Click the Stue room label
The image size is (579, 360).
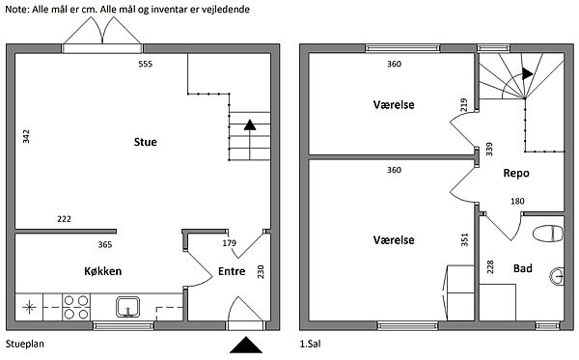click(145, 142)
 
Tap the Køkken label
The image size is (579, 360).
click(102, 271)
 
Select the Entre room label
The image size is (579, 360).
click(232, 271)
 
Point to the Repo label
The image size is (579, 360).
click(516, 173)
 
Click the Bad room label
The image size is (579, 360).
click(523, 268)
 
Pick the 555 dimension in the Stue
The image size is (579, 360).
click(145, 64)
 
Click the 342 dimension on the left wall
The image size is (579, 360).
click(26, 137)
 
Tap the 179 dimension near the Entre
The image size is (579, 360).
click(230, 243)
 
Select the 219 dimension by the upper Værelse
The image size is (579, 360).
click(464, 105)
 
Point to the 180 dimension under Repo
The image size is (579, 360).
click(517, 201)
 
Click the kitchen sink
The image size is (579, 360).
click(127, 307)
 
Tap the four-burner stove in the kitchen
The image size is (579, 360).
click(76, 307)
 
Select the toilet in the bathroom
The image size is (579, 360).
click(548, 234)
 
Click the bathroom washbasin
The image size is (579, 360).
click(557, 275)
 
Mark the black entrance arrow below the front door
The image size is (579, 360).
click(246, 345)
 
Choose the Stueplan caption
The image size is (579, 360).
click(25, 345)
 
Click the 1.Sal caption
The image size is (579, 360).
click(310, 345)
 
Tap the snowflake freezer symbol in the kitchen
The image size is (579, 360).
click(29, 307)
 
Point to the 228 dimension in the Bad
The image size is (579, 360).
click(490, 266)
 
